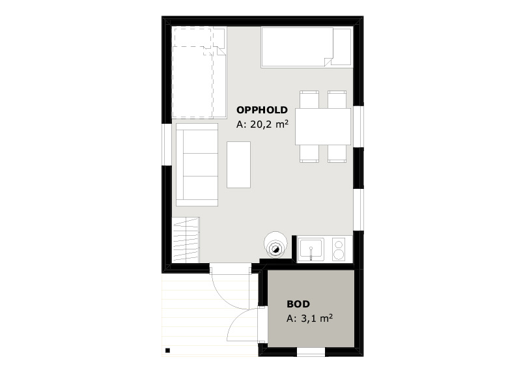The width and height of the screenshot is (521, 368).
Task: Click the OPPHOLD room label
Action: (x=262, y=109)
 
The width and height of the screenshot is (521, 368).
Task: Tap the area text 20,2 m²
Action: (x=269, y=124)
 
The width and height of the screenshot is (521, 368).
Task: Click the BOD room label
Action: (x=298, y=304)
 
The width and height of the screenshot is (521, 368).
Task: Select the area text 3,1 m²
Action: (x=317, y=318)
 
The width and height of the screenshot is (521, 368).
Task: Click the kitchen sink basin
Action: (x=311, y=249)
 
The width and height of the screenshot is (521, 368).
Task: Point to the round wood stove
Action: (x=275, y=245)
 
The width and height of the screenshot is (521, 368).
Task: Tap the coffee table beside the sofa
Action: (x=238, y=165)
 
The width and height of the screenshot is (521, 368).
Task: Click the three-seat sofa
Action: (x=197, y=165)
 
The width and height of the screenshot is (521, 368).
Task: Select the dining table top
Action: (x=323, y=126)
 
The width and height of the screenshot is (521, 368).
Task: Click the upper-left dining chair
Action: (x=309, y=100)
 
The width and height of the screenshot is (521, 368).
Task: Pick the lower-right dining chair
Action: (x=337, y=154)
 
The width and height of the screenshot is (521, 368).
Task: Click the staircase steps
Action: (x=186, y=240)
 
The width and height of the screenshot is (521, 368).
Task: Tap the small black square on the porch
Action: (x=168, y=350)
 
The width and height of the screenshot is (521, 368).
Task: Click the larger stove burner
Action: (x=338, y=255)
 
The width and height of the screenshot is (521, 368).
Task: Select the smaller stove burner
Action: (x=339, y=244)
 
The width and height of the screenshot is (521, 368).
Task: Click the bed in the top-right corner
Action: (x=306, y=48)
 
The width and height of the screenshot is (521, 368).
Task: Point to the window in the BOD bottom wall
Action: (x=311, y=352)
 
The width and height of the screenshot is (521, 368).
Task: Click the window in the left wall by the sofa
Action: (x=167, y=144)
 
